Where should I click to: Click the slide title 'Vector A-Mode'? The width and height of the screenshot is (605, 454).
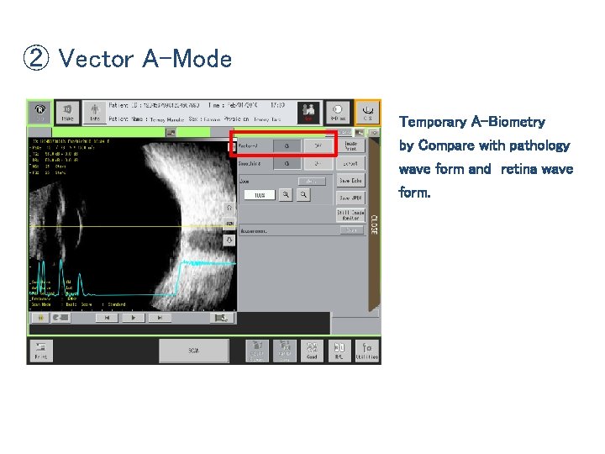click(145, 59)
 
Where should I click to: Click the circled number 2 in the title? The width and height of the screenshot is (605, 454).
click(35, 59)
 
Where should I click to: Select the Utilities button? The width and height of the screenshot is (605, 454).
click(366, 350)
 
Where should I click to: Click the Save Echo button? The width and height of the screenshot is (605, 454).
click(350, 181)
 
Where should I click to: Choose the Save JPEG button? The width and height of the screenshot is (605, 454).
click(350, 198)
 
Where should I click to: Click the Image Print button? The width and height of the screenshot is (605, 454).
click(350, 145)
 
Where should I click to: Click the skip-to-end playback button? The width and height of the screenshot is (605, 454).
click(159, 319)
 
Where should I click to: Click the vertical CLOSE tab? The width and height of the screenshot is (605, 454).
click(374, 228)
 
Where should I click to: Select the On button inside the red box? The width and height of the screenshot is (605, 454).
click(287, 145)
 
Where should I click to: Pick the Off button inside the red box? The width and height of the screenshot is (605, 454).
click(317, 145)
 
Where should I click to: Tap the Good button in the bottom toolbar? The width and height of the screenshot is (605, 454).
click(312, 350)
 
